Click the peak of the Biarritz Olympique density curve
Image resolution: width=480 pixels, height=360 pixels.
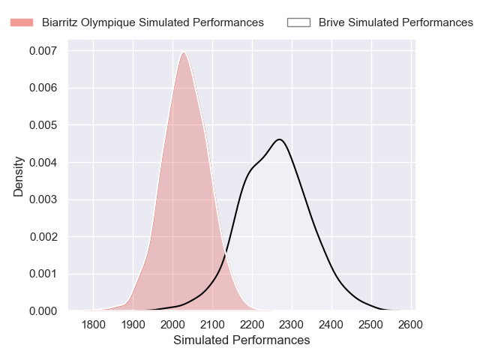(x=183, y=52)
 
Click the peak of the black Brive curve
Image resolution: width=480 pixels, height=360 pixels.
(x=279, y=139)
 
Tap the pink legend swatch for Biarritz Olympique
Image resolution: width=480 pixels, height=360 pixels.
(x=22, y=22)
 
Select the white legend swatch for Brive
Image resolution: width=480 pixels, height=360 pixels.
(x=298, y=22)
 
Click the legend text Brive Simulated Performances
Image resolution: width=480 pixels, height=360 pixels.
(x=395, y=22)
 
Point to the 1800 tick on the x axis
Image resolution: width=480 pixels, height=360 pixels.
(x=93, y=325)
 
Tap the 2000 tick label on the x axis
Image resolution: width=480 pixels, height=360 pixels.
(x=172, y=325)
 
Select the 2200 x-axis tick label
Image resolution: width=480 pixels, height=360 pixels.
(x=252, y=325)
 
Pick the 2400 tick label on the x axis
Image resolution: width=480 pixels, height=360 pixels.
(x=331, y=325)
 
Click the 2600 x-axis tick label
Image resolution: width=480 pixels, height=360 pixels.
(x=410, y=325)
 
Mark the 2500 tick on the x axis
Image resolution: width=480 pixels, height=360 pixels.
(x=370, y=325)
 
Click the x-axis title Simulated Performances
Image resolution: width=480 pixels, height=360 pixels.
(x=241, y=340)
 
